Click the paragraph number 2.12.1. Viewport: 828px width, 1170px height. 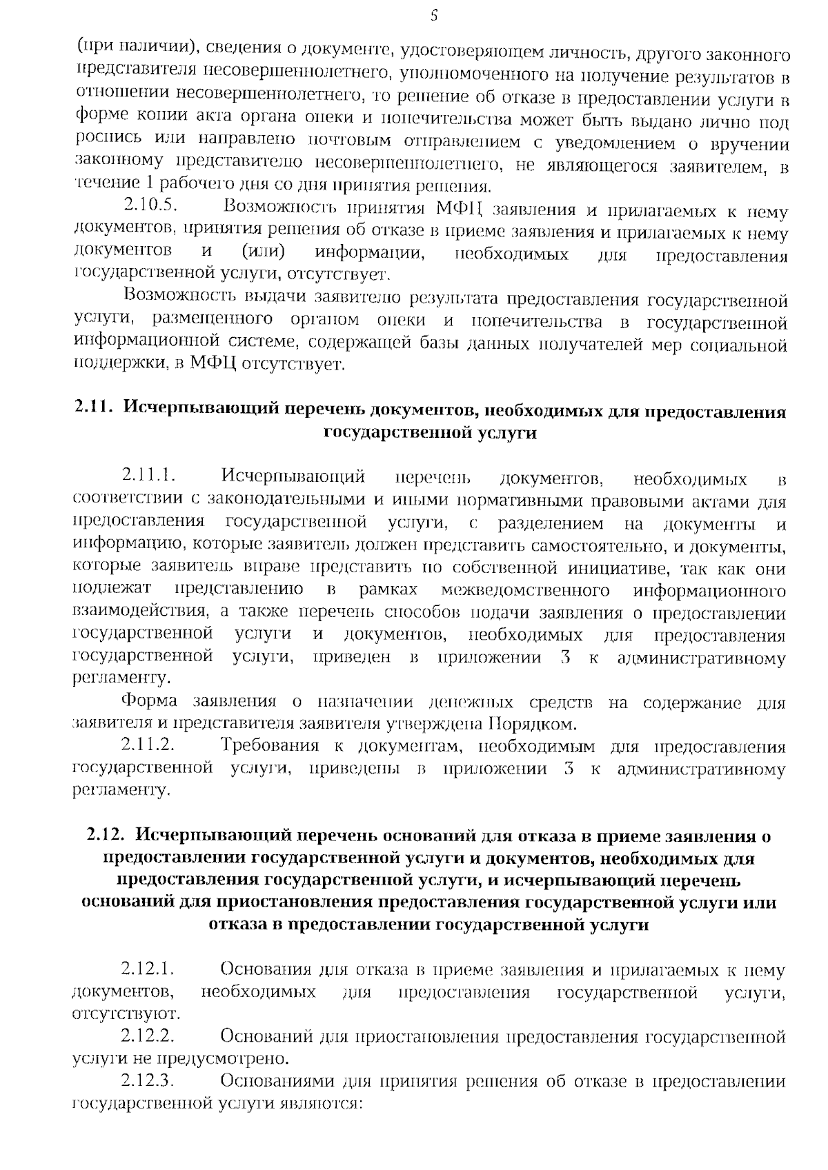147,970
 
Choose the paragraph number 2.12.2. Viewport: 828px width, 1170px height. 147,1036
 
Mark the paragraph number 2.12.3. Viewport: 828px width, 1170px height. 147,1081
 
